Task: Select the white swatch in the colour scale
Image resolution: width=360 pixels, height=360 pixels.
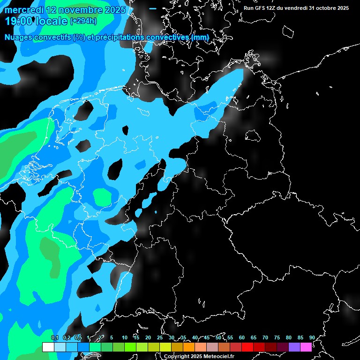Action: pyautogui.click(x=48, y=347)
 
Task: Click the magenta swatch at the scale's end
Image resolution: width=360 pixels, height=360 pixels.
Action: pyautogui.click(x=306, y=347)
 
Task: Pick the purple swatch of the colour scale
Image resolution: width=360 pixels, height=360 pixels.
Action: pyautogui.click(x=294, y=347)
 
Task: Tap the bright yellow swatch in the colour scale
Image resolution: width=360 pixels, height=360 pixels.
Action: pyautogui.click(x=165, y=347)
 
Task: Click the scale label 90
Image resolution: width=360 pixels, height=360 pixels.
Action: pyautogui.click(x=312, y=337)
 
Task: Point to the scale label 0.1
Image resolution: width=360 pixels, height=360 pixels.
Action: pyautogui.click(x=54, y=337)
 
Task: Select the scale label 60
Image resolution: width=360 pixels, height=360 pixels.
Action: pyautogui.click(x=241, y=337)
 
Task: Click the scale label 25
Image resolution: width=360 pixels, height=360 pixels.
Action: pyautogui.click(x=159, y=337)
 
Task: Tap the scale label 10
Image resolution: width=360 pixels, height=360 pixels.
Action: pyautogui.click(x=124, y=337)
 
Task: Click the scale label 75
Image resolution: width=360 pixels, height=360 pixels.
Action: pyautogui.click(x=277, y=337)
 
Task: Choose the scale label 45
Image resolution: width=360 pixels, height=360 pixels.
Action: pyautogui.click(x=206, y=337)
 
